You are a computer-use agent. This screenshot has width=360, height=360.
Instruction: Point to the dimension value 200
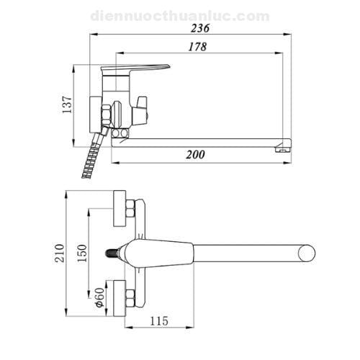coord(196,154)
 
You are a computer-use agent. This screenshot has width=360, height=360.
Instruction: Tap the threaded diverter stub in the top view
coord(112,253)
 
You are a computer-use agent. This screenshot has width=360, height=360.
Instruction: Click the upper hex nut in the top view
coord(130,210)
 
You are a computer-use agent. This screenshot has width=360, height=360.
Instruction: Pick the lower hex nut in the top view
coord(130,296)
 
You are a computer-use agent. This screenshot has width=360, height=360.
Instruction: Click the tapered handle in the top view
coord(169,253)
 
